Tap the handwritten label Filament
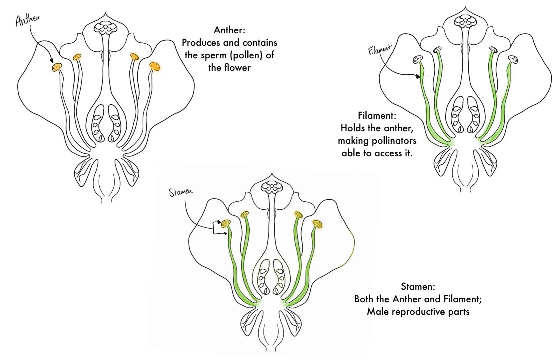click(379, 50)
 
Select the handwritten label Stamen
click(181, 192)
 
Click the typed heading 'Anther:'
click(229, 30)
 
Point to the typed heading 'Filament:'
click(377, 115)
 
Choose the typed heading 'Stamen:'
click(418, 286)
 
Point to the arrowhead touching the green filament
click(418, 77)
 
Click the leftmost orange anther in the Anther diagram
click(57, 67)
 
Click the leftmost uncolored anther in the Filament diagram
click(417, 60)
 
